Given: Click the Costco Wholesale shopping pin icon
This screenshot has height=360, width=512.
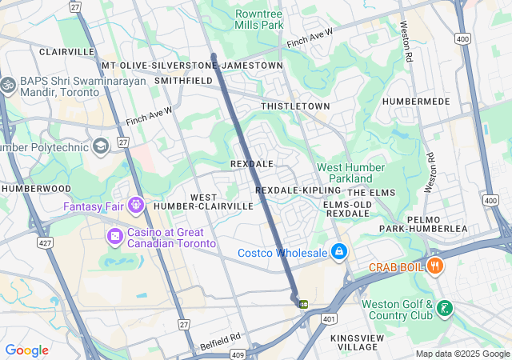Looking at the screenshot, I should [339, 252].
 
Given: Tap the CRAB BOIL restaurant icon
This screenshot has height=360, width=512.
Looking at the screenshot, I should [435, 266].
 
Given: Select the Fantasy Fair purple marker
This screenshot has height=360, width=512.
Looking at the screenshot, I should [134, 206].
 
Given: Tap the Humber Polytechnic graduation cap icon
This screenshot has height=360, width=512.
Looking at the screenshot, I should [101, 146].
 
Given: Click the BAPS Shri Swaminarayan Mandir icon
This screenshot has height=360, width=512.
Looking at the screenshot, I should [9, 84].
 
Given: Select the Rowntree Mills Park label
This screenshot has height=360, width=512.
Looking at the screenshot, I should [259, 19].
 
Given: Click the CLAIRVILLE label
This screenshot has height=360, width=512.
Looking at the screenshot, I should [67, 51].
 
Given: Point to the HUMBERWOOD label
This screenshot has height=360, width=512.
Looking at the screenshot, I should [36, 188].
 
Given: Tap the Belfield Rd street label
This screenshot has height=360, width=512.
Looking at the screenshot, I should [220, 342].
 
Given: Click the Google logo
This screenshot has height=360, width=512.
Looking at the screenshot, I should [26, 350].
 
